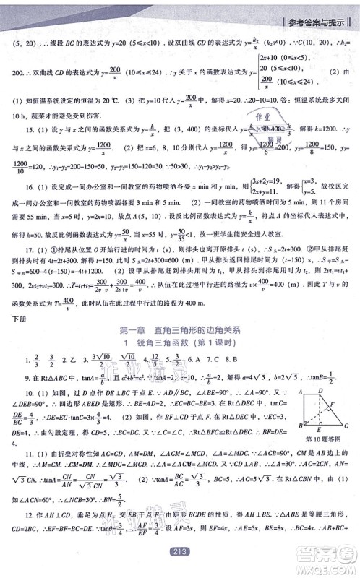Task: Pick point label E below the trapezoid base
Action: coord(319,429)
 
